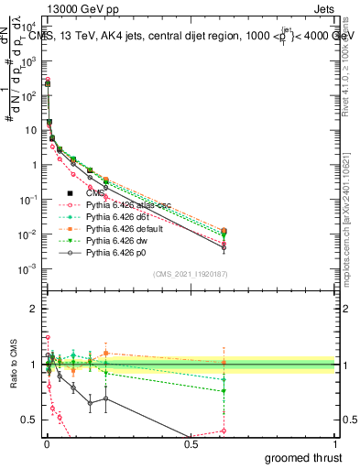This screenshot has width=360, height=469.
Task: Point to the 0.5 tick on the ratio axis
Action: click(x=29, y=421)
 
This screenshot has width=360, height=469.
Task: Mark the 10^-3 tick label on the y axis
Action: click(x=26, y=268)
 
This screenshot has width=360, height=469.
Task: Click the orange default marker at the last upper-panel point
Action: click(x=224, y=231)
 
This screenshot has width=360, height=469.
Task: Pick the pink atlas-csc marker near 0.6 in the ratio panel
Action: click(x=224, y=431)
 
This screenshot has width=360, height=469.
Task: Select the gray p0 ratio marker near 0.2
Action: click(x=105, y=398)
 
